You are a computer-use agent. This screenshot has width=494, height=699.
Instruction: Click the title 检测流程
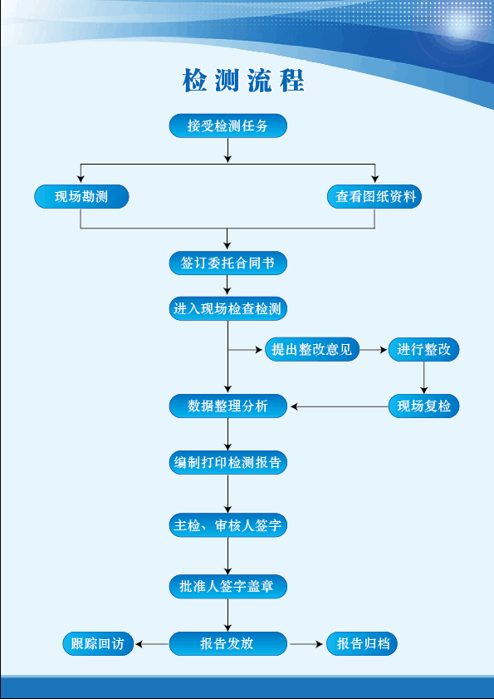(x=243, y=81)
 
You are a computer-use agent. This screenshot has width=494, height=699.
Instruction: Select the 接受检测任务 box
(x=228, y=126)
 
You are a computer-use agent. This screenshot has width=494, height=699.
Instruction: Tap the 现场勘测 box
(x=81, y=197)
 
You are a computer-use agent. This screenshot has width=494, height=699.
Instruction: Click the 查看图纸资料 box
(x=374, y=197)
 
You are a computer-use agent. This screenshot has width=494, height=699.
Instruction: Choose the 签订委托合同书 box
(x=228, y=263)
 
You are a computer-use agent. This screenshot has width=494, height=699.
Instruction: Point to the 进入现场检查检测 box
(x=228, y=309)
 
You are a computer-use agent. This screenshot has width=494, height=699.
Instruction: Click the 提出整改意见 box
(x=311, y=350)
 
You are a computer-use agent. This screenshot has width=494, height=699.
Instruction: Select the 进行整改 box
(x=423, y=350)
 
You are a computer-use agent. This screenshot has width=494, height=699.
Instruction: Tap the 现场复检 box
(x=423, y=406)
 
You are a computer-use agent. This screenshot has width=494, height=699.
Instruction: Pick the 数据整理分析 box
(x=228, y=406)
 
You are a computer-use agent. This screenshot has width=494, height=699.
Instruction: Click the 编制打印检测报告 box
(x=228, y=463)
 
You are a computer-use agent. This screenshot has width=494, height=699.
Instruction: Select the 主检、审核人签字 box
(x=228, y=526)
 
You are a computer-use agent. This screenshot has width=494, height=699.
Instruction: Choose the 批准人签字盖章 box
(x=228, y=587)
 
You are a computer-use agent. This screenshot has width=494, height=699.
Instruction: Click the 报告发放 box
(x=228, y=644)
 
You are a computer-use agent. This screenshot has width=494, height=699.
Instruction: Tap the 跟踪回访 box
(x=98, y=644)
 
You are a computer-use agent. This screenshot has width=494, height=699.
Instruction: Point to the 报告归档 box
(x=362, y=644)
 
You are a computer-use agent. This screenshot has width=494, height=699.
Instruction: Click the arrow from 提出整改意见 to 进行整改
(x=374, y=350)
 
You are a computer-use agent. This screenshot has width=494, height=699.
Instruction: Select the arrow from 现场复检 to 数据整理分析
(x=339, y=406)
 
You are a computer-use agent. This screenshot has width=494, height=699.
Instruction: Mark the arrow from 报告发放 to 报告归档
(x=306, y=644)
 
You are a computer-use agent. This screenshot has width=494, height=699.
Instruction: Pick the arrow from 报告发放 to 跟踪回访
(x=152, y=644)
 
